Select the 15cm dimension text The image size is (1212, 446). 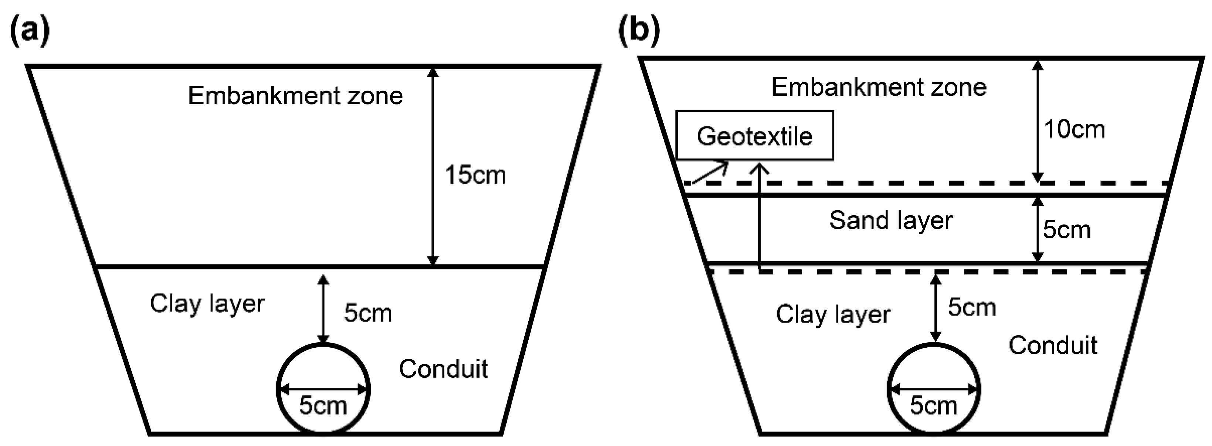click(x=475, y=175)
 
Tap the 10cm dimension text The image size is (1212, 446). click(x=1074, y=129)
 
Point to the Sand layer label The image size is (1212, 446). click(x=891, y=221)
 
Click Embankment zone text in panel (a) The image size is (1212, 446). click(x=295, y=96)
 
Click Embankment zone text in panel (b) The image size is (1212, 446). click(x=879, y=88)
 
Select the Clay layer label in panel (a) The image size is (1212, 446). click(x=207, y=304)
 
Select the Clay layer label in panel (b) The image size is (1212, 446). click(x=833, y=315)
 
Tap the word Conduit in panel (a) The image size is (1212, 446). click(x=443, y=369)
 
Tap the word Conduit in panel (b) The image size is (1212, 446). click(x=1052, y=346)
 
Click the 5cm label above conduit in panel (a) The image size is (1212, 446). click(x=367, y=313)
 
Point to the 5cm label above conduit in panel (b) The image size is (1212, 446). click(x=972, y=308)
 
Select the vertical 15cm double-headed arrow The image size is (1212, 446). click(x=433, y=167)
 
